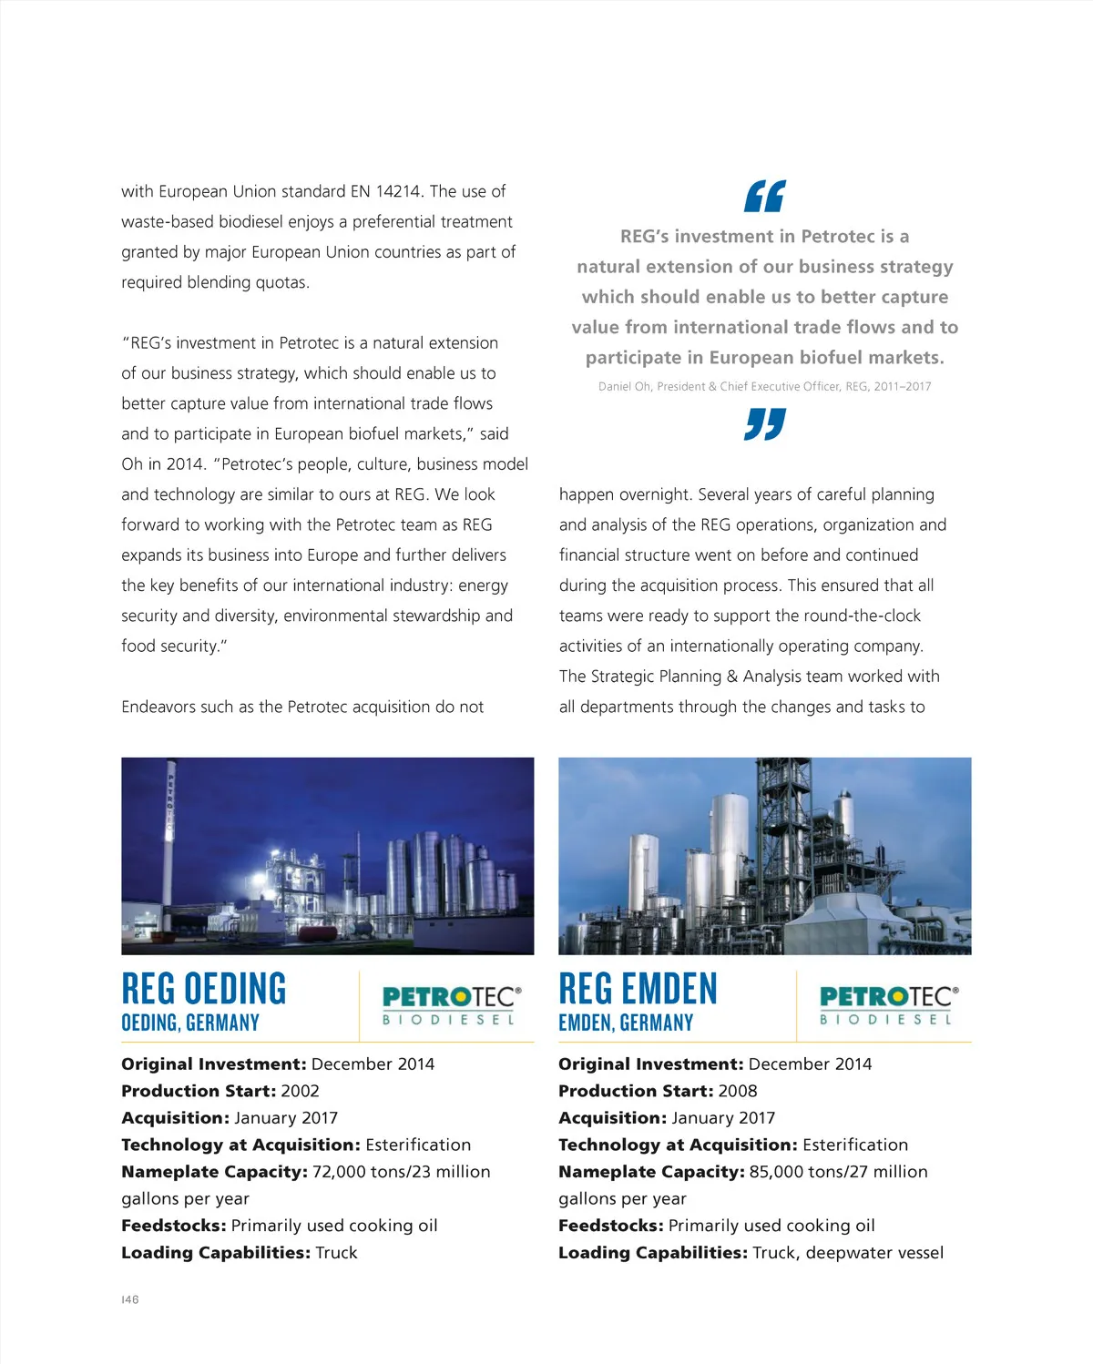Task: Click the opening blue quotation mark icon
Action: point(764,196)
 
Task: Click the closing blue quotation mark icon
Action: point(764,423)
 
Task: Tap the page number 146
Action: point(130,1299)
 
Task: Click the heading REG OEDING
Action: point(204,989)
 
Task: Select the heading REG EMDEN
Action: point(638,989)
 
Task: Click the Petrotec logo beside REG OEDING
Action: point(452,1005)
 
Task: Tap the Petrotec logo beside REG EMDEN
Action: point(888,1005)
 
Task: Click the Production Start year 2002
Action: point(300,1091)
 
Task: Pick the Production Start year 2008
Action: point(737,1091)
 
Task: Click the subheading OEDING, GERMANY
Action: point(190,1023)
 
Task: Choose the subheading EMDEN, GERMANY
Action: point(626,1023)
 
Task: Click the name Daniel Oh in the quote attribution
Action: point(624,386)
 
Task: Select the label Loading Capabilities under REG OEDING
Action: point(216,1253)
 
